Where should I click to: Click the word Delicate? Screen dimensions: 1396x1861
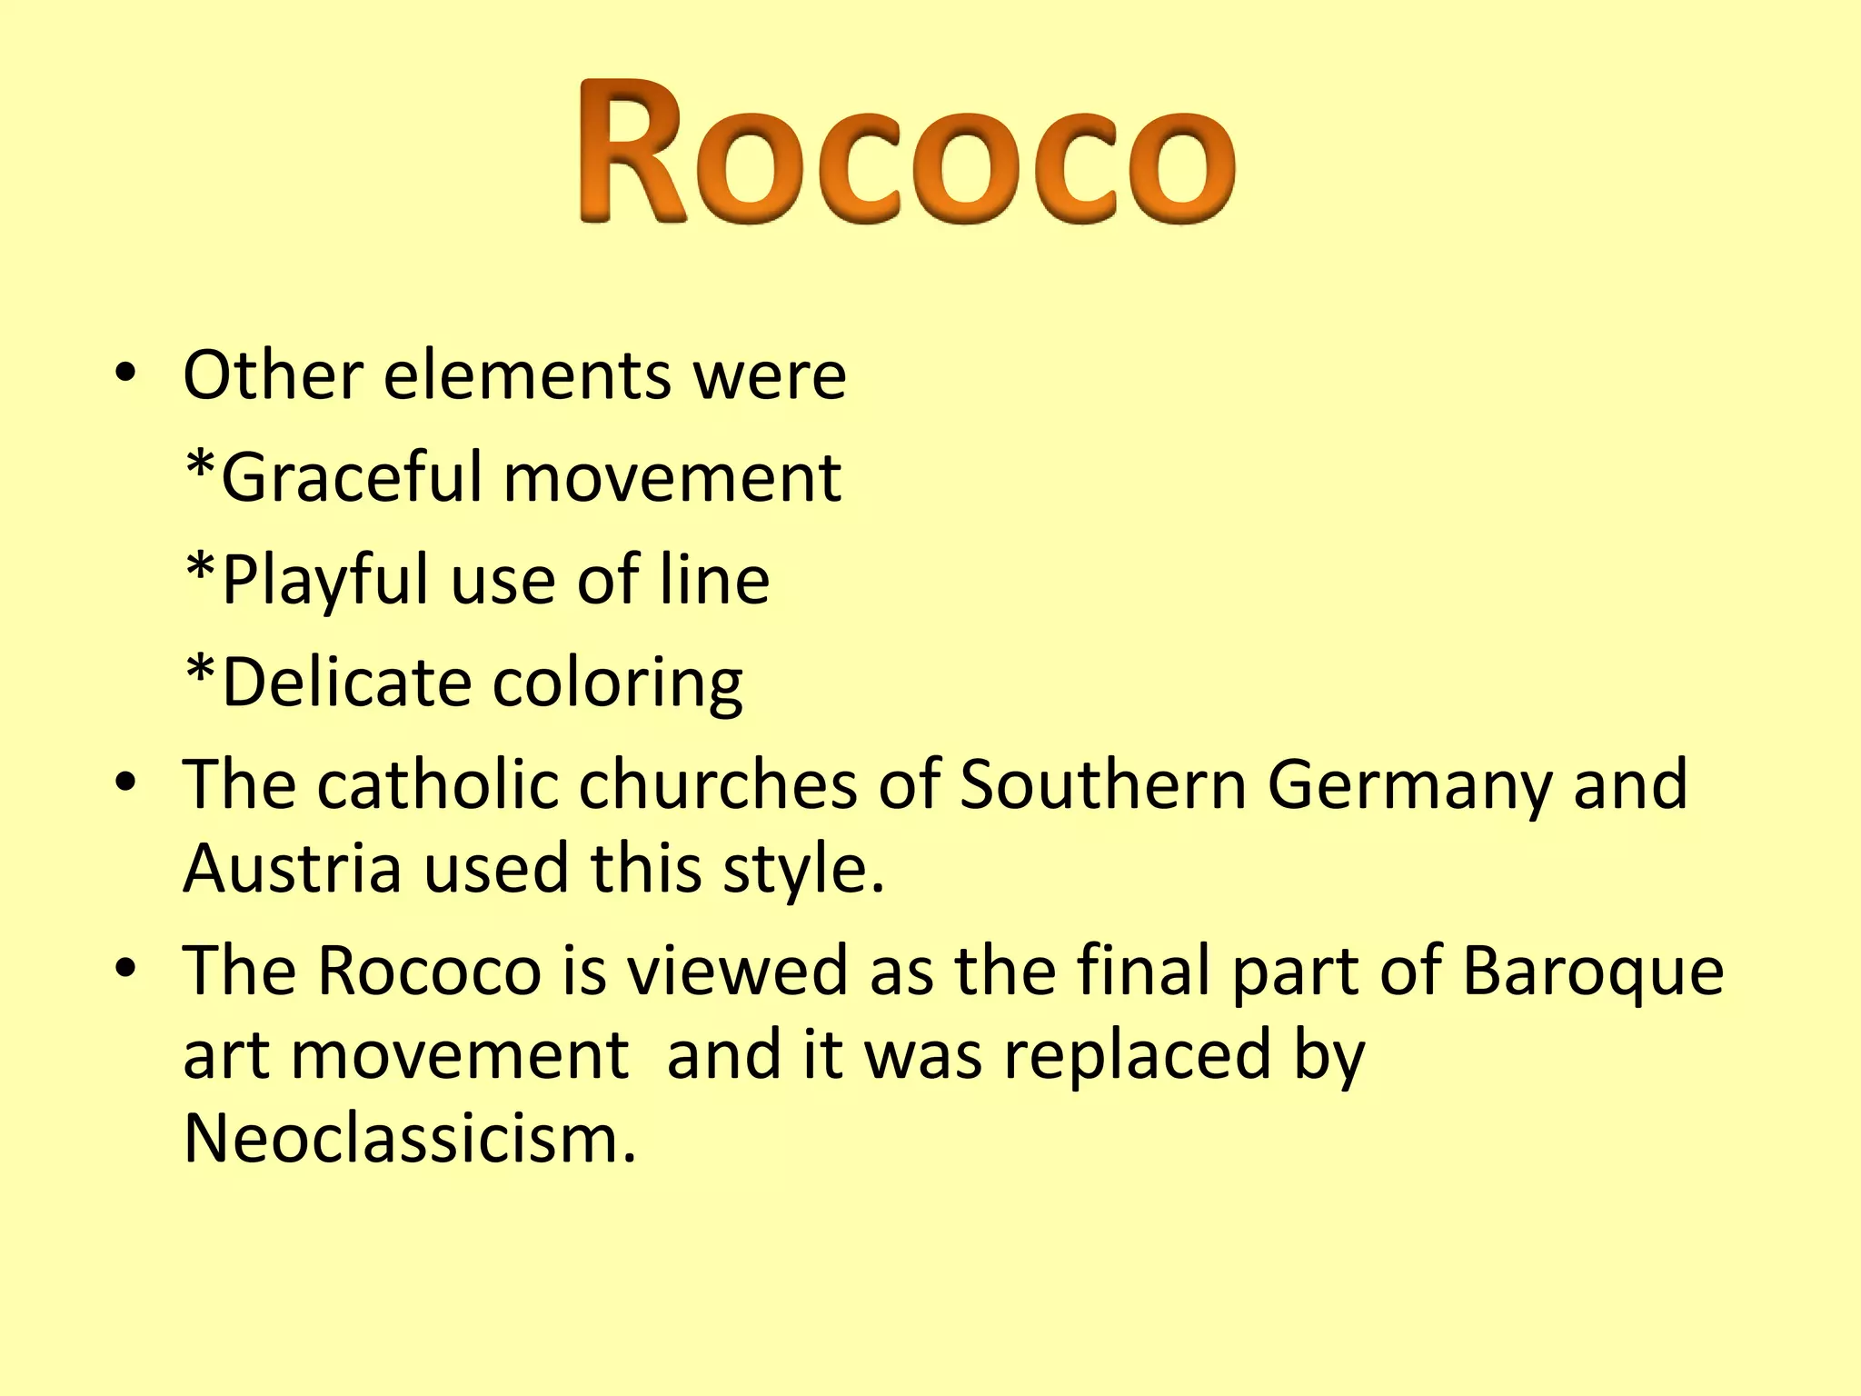click(x=346, y=682)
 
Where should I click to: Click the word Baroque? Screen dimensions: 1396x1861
click(x=1593, y=971)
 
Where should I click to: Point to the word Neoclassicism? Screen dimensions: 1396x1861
click(x=409, y=1138)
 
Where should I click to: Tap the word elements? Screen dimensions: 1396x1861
click(x=527, y=374)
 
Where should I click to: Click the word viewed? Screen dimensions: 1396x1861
click(x=737, y=971)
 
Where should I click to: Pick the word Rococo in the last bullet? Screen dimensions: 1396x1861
click(x=430, y=971)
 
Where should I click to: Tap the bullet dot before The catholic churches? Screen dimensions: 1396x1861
click(x=125, y=782)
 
